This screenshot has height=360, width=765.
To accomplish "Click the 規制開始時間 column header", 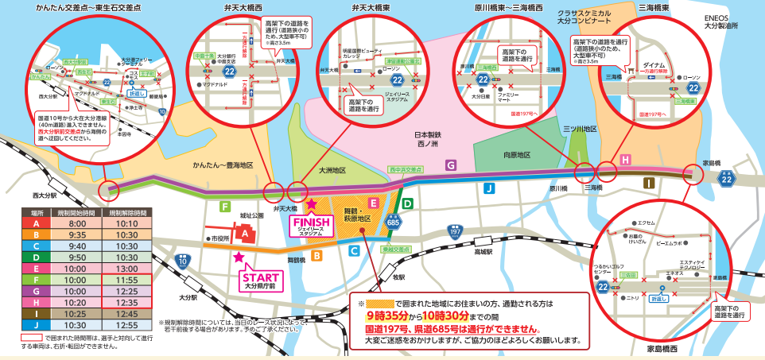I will pos(81,213).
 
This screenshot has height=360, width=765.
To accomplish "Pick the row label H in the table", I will pos(37,303).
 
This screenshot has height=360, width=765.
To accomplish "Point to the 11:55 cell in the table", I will pos(128,281).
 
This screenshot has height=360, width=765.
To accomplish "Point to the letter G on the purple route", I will pos(451,165).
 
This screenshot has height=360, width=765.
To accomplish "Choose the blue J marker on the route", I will pos(488,188).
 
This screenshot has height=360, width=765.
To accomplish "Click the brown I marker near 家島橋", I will pos(650,184).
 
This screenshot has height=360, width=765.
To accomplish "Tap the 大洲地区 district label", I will pos(332,170).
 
